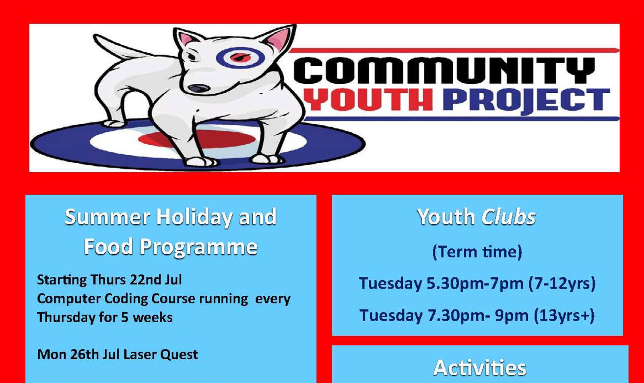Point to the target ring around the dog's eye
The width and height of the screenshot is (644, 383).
pyautogui.click(x=240, y=58)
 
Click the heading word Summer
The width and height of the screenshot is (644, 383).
pyautogui.click(x=107, y=217)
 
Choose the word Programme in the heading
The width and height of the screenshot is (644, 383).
pyautogui.click(x=198, y=247)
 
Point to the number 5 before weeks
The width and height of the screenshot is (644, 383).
pyautogui.click(x=124, y=317)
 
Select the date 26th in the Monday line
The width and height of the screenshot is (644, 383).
pyautogui.click(x=84, y=354)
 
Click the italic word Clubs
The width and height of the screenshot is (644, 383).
pyautogui.click(x=508, y=217)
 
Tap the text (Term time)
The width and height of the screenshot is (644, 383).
pyautogui.click(x=477, y=252)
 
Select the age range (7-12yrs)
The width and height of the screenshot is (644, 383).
pyautogui.click(x=562, y=283)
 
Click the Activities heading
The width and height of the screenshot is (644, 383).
pyautogui.click(x=479, y=368)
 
